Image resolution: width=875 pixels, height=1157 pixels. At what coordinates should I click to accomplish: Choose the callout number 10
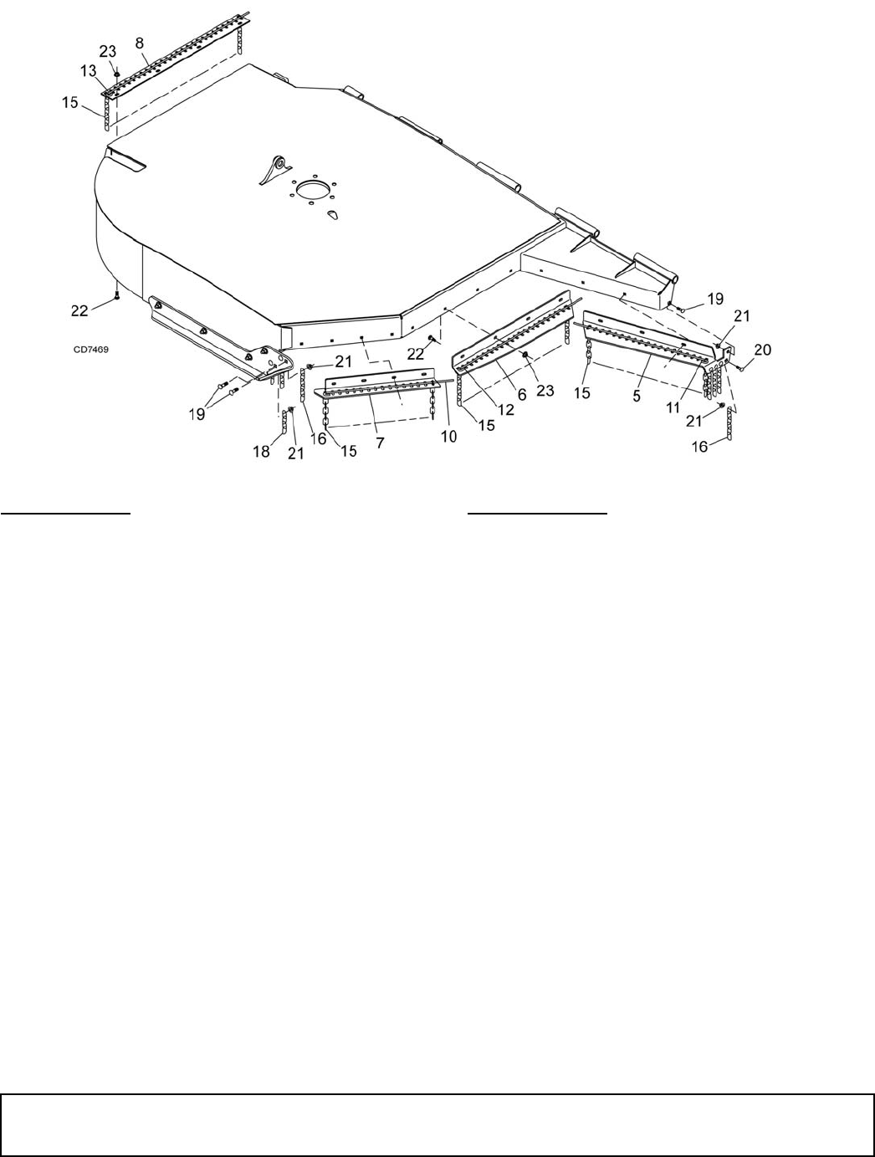pyautogui.click(x=449, y=437)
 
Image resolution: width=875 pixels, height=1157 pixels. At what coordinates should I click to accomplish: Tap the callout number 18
pyautogui.click(x=262, y=451)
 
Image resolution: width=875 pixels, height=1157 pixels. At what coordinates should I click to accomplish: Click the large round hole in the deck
pyautogui.click(x=311, y=189)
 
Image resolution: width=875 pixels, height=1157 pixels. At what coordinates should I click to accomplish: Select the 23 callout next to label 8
pyautogui.click(x=109, y=50)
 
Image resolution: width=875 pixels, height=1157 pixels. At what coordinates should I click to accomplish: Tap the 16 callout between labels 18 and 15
pyautogui.click(x=319, y=438)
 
